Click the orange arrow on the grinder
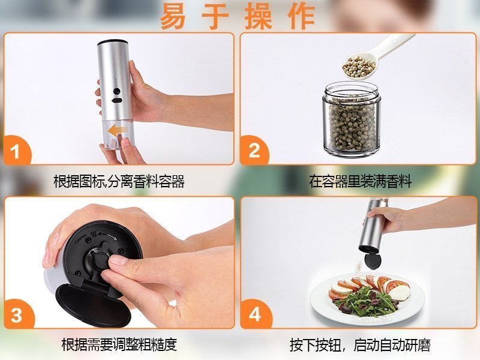(x=117, y=131)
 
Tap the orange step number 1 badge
(x=17, y=151)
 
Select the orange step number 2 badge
(x=254, y=151)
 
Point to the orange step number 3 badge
(x=18, y=314)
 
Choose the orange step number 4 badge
(x=255, y=314)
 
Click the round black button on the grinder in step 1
(x=116, y=91)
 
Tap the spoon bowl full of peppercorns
(x=359, y=67)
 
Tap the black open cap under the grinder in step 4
(x=373, y=260)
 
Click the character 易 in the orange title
(x=173, y=16)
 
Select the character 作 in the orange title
(x=302, y=16)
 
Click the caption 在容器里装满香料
(x=361, y=181)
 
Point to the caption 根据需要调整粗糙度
(x=119, y=344)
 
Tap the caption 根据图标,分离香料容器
(x=119, y=181)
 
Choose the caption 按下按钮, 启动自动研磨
(x=360, y=345)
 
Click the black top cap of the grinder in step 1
(x=112, y=42)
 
